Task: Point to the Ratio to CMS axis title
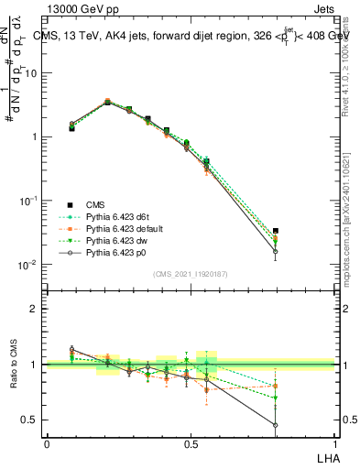[x=14, y=365]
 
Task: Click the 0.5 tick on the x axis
[x=191, y=444]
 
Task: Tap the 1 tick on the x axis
[x=334, y=444]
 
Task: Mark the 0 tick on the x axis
[x=47, y=444]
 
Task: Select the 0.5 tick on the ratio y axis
[x=32, y=420]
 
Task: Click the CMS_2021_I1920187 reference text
[x=191, y=274]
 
